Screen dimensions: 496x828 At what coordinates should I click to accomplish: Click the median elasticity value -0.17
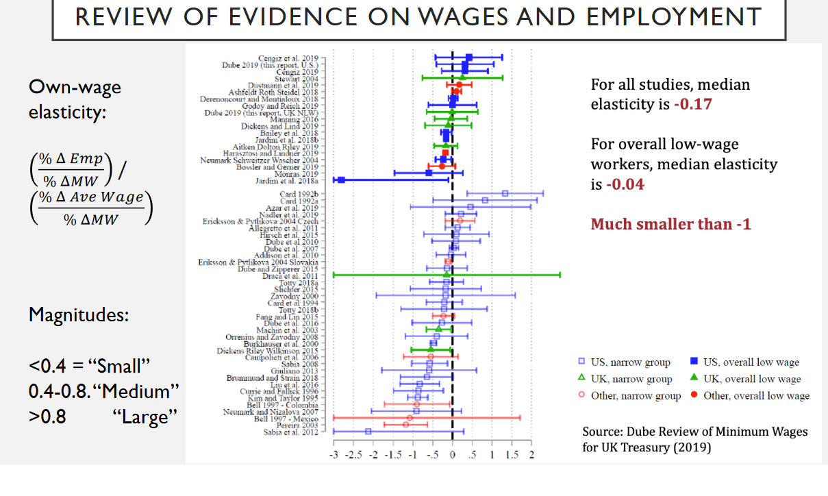692,105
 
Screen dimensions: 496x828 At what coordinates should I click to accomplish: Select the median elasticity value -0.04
625,184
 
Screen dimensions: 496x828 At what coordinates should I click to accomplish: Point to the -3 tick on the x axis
334,454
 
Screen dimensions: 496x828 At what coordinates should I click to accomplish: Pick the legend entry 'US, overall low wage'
751,362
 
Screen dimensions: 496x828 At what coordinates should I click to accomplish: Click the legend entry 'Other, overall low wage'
756,395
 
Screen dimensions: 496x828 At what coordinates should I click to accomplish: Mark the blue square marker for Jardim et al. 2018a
340,180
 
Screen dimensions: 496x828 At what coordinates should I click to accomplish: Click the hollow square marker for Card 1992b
505,194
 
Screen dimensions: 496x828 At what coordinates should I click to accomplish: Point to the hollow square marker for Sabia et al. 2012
368,432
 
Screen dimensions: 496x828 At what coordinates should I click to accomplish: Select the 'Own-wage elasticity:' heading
75,99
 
